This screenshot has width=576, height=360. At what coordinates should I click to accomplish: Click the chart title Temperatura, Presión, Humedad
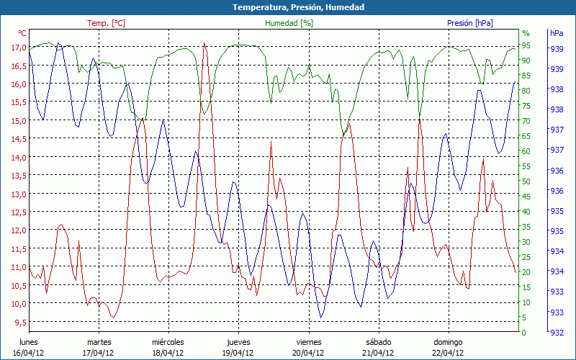coord(288,7)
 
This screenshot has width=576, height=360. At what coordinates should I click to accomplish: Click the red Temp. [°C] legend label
coord(106,23)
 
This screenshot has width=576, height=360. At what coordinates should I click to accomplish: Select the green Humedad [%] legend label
coord(289,23)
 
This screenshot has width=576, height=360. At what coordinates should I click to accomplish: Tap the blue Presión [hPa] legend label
coord(470,23)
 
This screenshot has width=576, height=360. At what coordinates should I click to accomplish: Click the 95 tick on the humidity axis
coord(526,45)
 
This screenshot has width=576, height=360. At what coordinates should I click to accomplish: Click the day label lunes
coord(29,342)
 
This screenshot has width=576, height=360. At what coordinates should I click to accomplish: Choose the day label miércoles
coord(168,342)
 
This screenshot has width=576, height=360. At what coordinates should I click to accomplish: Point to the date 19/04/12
coord(238,353)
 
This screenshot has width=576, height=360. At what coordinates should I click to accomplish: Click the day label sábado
coord(378,342)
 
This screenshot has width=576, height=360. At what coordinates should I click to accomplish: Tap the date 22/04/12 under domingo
coord(448,353)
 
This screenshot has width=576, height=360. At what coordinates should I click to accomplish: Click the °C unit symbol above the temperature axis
coord(22,33)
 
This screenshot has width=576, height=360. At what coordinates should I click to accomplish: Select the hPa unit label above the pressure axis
coord(556,33)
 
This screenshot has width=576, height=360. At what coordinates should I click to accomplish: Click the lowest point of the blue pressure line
coord(321,318)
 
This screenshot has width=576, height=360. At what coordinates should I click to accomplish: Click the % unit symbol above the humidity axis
coord(526,33)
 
